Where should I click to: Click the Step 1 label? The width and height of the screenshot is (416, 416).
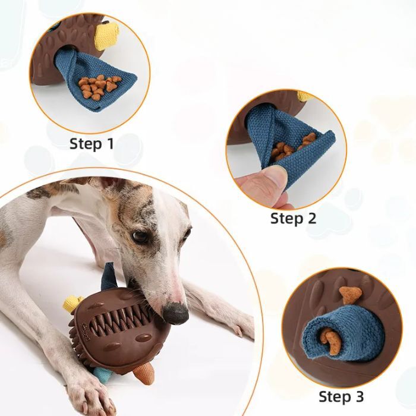(92, 144)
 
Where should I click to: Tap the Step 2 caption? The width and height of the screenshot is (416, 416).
(293, 218)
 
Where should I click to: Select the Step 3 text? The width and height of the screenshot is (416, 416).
(341, 396)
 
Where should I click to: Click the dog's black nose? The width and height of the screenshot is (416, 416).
(176, 314)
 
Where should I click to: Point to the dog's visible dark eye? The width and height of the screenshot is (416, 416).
(140, 237)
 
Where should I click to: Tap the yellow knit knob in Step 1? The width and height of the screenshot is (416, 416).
(106, 36)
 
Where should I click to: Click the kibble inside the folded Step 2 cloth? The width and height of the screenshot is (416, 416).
(291, 147)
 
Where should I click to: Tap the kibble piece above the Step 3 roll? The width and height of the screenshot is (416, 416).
(350, 294)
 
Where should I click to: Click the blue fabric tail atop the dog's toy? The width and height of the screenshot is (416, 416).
(109, 276)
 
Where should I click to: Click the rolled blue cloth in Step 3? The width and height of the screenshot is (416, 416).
(343, 338)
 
